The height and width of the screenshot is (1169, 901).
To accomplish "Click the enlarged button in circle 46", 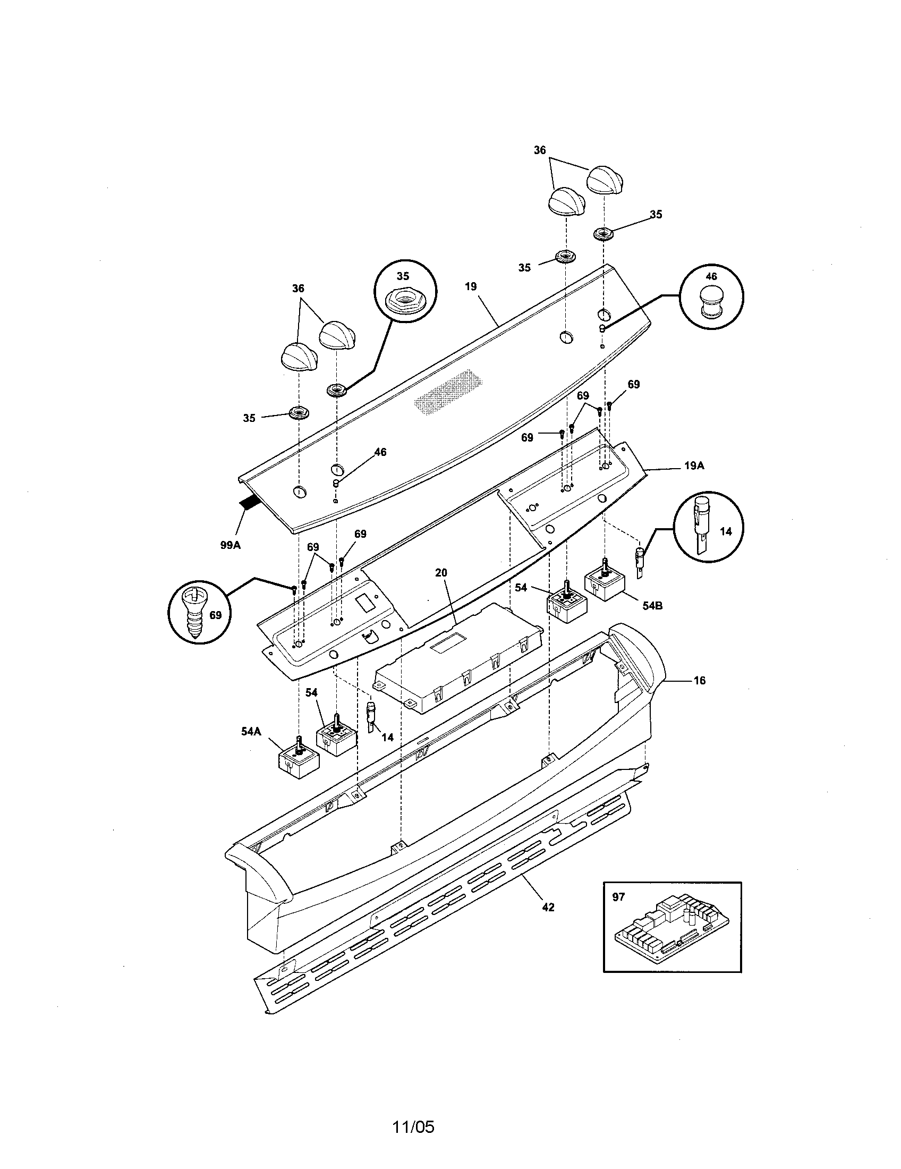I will pos(711,302).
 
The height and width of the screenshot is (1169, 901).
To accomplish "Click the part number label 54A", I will pos(250,731).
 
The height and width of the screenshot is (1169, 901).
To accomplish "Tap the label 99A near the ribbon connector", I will pos(231,545).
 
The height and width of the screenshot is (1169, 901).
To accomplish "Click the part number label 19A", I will pos(694,465).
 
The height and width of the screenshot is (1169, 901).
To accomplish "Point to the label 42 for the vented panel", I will pos(548,907).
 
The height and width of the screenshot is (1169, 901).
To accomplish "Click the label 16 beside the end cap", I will pos(699,680).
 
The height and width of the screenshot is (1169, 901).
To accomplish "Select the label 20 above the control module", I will pos(441,573).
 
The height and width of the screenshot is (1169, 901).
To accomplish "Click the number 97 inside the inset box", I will pos(618,896).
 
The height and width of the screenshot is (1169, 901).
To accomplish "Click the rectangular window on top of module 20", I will pos(448,646).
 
